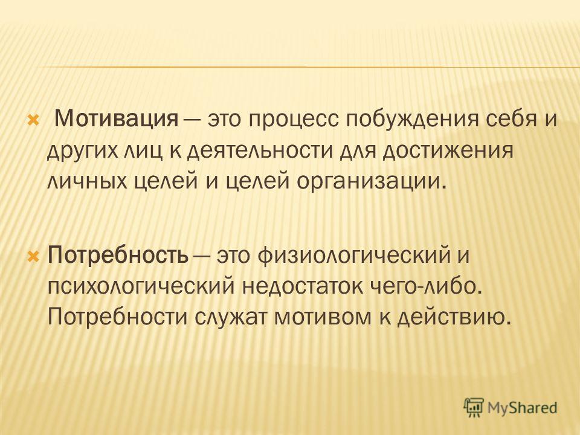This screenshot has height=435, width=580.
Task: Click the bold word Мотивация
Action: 116,119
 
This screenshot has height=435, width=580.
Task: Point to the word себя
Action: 509,120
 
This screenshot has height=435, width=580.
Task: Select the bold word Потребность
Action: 118,255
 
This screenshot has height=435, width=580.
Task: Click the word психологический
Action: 141,287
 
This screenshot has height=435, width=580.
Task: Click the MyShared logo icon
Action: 474,407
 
